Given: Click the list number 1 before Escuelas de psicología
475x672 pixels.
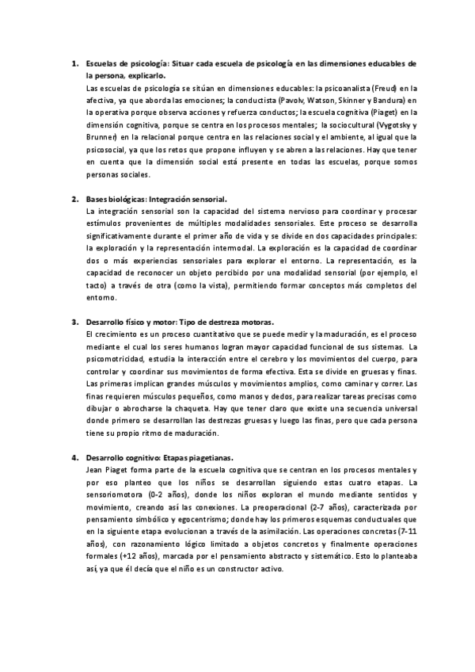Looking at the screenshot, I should pyautogui.click(x=74, y=63).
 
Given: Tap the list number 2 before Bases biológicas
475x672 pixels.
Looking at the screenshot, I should pyautogui.click(x=74, y=200).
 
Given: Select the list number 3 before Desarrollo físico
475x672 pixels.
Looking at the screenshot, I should pyautogui.click(x=74, y=322).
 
